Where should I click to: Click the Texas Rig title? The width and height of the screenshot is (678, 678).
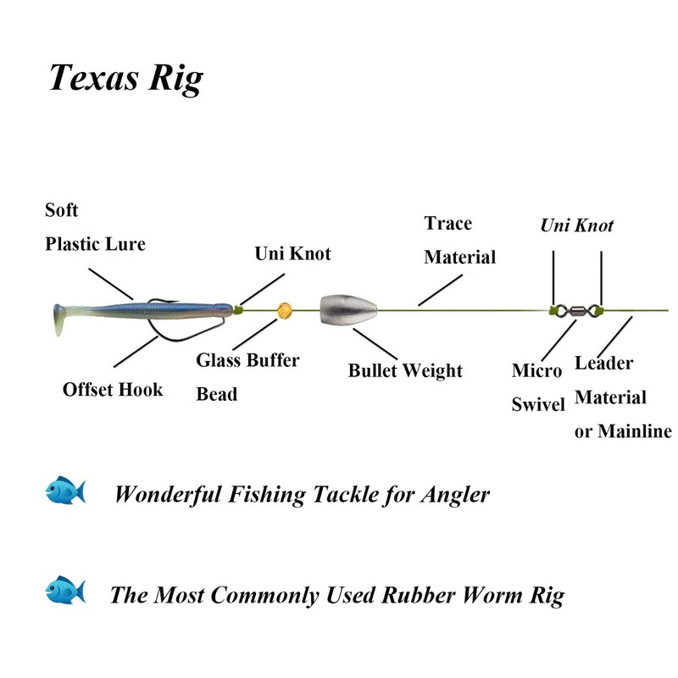(125, 78)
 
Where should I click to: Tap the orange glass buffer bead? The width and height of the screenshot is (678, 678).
(284, 309)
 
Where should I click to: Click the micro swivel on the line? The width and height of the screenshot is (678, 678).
(577, 310)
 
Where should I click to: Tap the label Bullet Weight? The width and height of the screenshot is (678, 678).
(405, 370)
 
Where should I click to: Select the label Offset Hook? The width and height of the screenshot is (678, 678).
(112, 390)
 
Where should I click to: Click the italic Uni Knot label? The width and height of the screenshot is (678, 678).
(576, 225)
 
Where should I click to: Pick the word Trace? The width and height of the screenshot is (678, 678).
(448, 224)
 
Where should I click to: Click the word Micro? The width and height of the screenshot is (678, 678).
(536, 371)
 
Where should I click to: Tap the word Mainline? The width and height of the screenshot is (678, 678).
(635, 431)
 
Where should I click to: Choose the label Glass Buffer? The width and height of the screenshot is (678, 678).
(247, 360)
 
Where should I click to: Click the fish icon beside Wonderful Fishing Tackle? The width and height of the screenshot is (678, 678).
(66, 492)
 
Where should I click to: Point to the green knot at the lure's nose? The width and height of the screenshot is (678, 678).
(239, 309)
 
